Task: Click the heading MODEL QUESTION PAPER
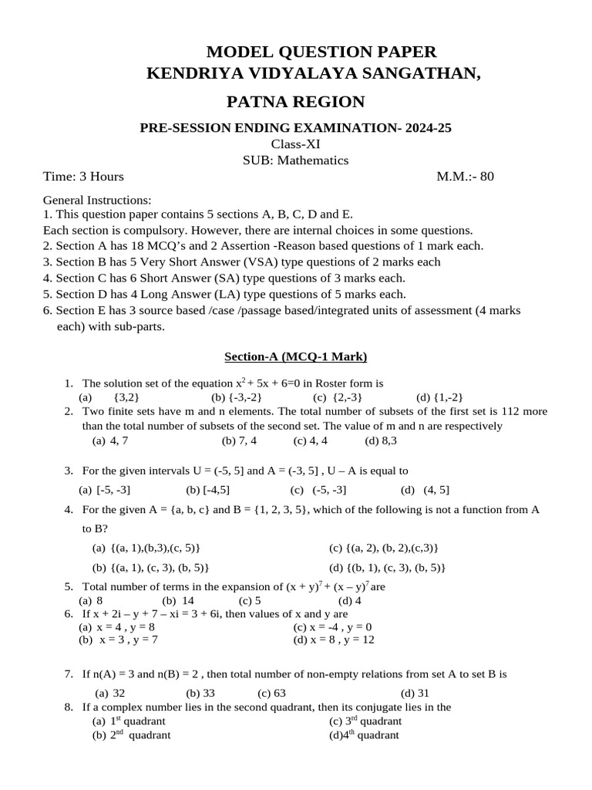coord(321,52)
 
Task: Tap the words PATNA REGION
coord(295,102)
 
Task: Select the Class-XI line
coord(295,144)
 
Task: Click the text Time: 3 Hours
coord(83,177)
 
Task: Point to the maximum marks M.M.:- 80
coord(465,177)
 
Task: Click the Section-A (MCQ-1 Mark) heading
coord(295,356)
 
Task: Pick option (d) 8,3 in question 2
coord(381,441)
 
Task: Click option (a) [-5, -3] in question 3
coord(105,489)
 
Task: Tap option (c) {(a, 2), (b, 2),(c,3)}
coord(383,548)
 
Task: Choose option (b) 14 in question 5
coord(178,600)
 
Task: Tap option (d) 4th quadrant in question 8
coord(364,735)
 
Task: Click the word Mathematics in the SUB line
coord(313,160)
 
